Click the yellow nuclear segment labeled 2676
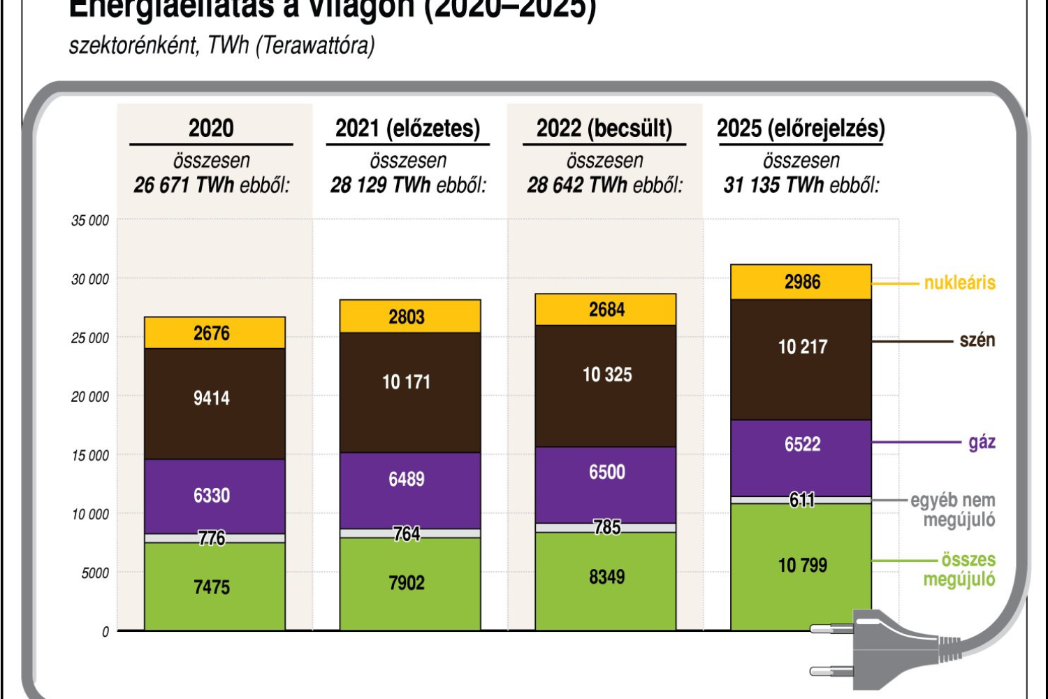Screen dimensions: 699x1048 click(x=212, y=333)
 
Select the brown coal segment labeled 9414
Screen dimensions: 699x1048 click(x=212, y=398)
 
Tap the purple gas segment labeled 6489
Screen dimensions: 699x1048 click(x=407, y=480)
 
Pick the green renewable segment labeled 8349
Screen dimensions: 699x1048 click(x=606, y=577)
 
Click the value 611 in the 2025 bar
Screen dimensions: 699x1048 click(x=802, y=500)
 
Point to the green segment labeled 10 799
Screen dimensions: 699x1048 click(x=802, y=565)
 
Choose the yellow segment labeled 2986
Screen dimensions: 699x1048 click(x=802, y=282)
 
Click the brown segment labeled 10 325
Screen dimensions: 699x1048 click(x=606, y=375)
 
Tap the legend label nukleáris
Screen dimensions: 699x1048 click(x=959, y=283)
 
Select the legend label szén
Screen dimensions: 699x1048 click(x=977, y=340)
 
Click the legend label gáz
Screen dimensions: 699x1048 click(x=982, y=442)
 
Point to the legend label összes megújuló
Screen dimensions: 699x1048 click(x=961, y=569)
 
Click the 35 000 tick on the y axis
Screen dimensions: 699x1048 click(x=90, y=221)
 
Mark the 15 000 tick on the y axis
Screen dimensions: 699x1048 click(x=90, y=456)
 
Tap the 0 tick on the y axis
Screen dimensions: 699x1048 click(x=105, y=632)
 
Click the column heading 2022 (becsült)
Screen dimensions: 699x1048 click(x=604, y=129)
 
